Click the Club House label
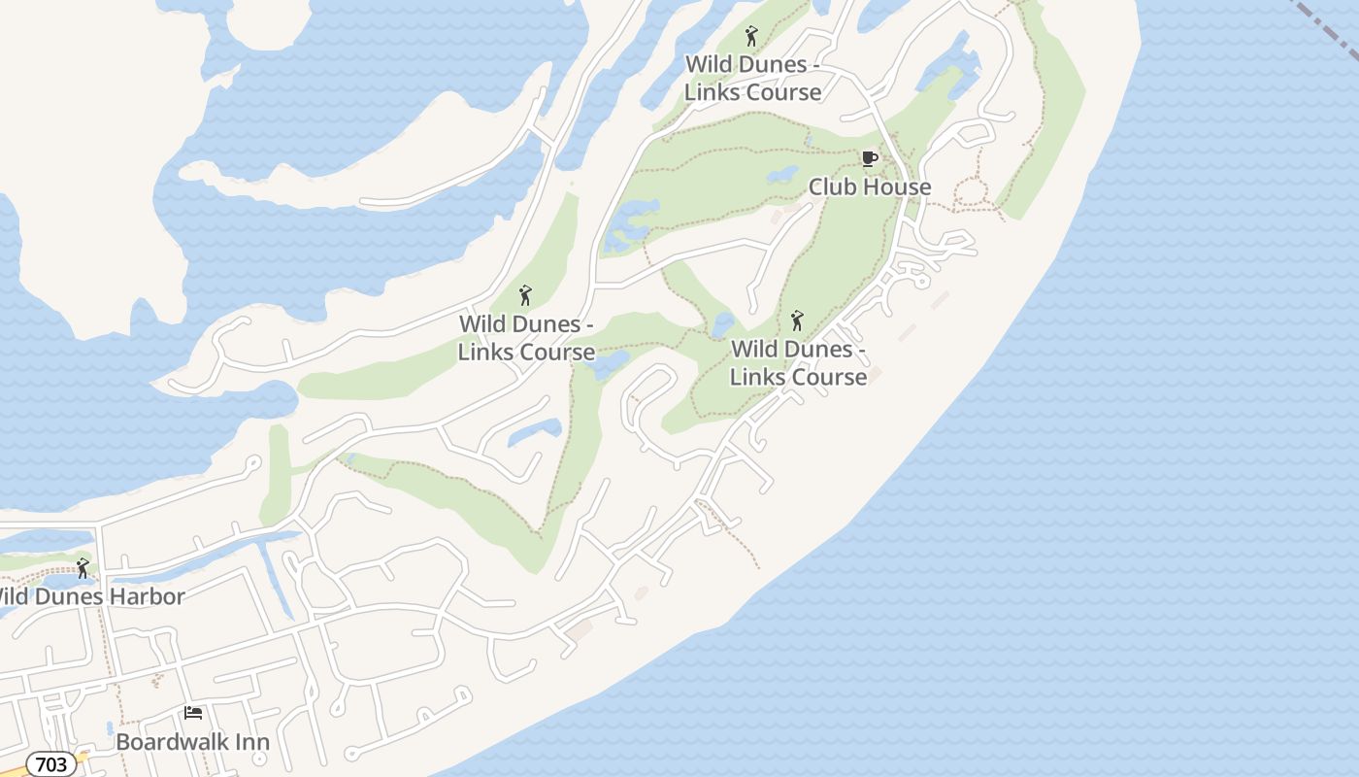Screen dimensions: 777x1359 (x=869, y=186)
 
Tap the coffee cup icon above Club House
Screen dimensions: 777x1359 (x=869, y=158)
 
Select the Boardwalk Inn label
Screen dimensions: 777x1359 (x=192, y=742)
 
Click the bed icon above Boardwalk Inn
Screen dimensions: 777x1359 (x=193, y=714)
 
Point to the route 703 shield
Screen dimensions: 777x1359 (x=50, y=764)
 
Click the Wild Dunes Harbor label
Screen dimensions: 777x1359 (x=92, y=596)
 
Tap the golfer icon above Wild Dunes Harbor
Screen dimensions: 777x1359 (x=83, y=567)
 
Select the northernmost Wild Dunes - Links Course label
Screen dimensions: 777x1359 (x=752, y=79)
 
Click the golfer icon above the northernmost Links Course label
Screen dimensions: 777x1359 (x=750, y=37)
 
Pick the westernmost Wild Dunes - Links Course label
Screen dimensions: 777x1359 (x=526, y=338)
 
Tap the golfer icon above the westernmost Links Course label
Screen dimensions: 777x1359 (x=525, y=295)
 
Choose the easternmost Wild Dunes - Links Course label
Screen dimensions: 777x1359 (x=798, y=362)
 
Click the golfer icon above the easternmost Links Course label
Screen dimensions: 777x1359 (x=797, y=320)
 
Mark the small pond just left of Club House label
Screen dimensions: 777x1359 (x=782, y=176)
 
